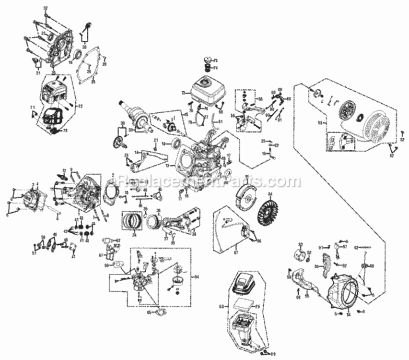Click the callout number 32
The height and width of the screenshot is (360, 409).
[46, 8]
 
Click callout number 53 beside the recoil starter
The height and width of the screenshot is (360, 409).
[319, 123]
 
